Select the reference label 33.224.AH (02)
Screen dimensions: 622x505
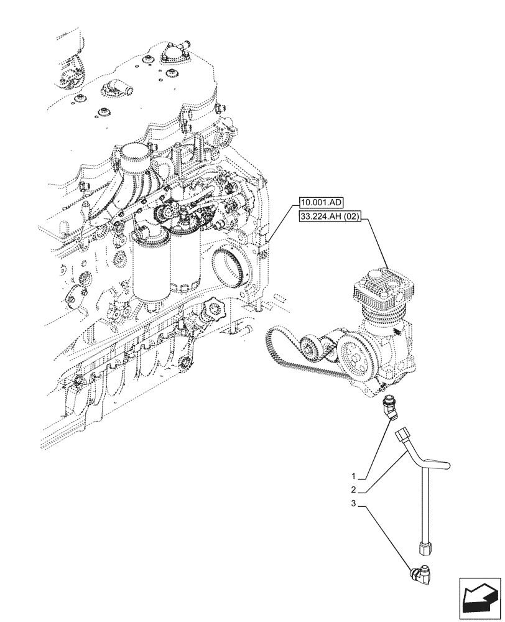coord(330,220)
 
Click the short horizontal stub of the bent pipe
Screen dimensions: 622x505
coord(439,464)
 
